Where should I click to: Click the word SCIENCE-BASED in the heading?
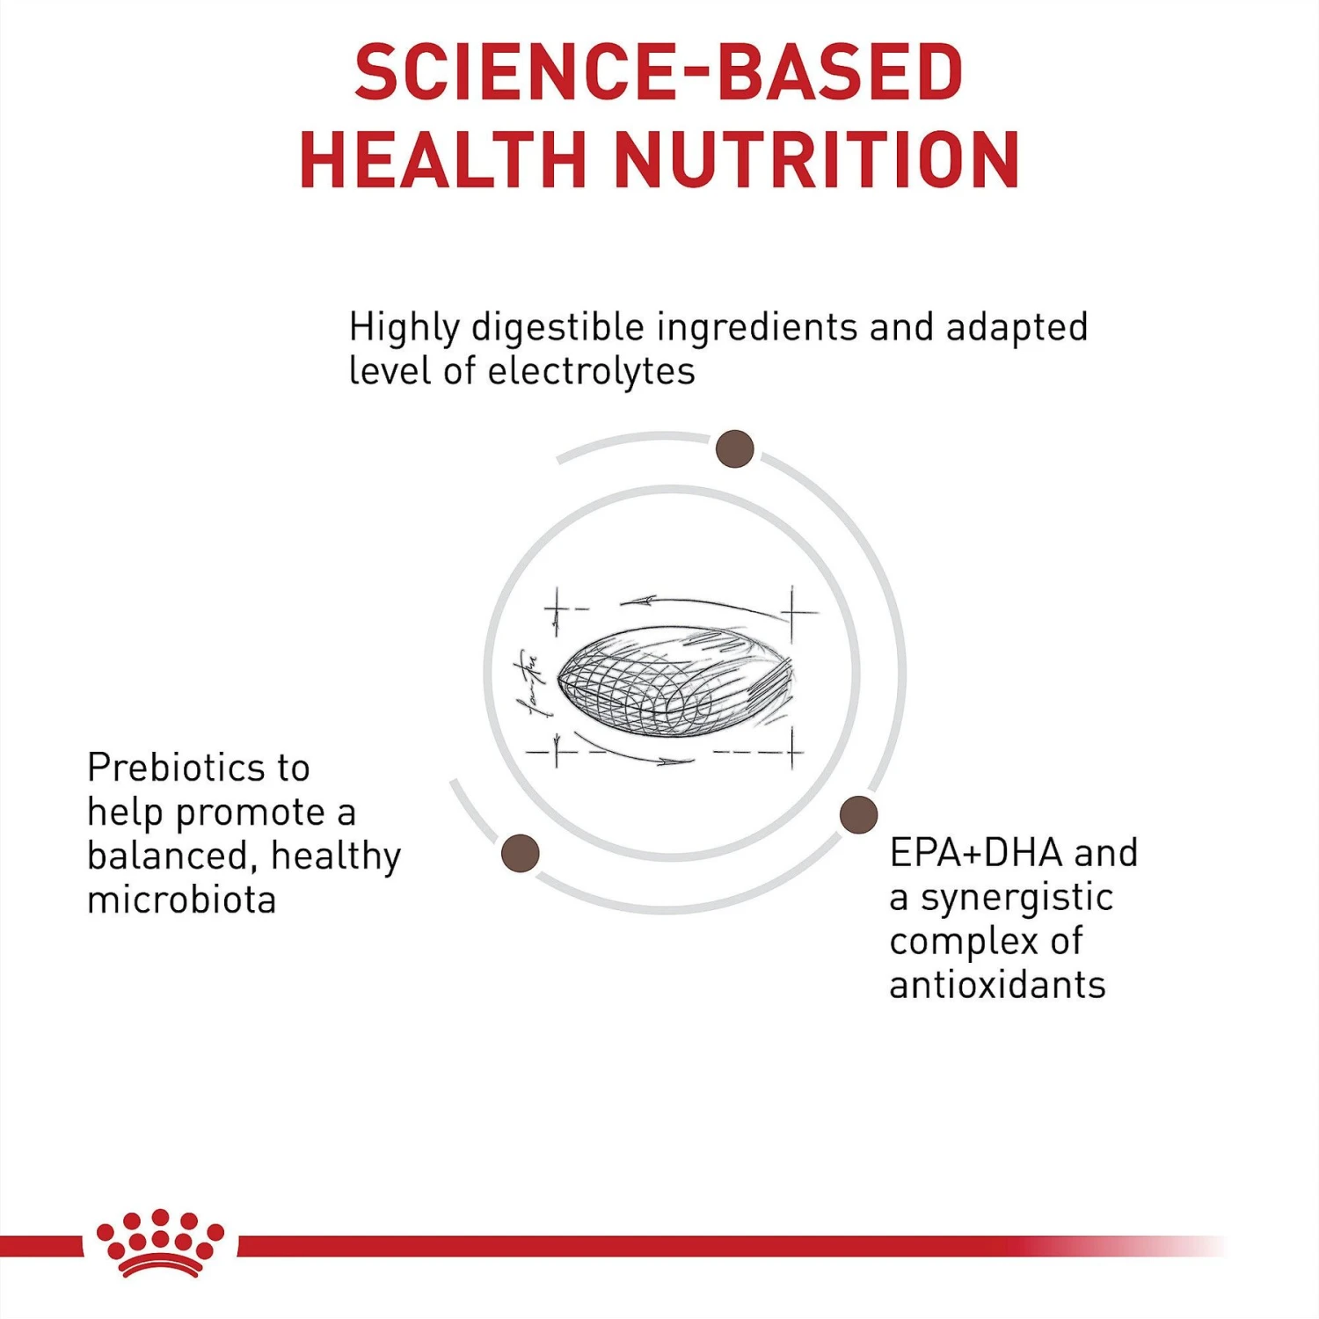[x=659, y=72]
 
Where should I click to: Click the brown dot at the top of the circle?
[x=734, y=448]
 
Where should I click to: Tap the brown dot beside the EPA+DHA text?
[x=858, y=814]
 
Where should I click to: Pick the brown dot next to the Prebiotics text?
[x=520, y=853]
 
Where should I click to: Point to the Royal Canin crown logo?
[x=160, y=1243]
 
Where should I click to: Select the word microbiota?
[x=182, y=900]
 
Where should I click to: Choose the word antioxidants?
[x=997, y=985]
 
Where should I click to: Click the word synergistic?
[x=1017, y=898]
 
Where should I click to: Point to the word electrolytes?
[x=591, y=371]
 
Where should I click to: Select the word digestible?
[x=558, y=327]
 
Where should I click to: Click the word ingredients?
[x=757, y=327]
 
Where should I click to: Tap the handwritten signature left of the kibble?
[x=529, y=682]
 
